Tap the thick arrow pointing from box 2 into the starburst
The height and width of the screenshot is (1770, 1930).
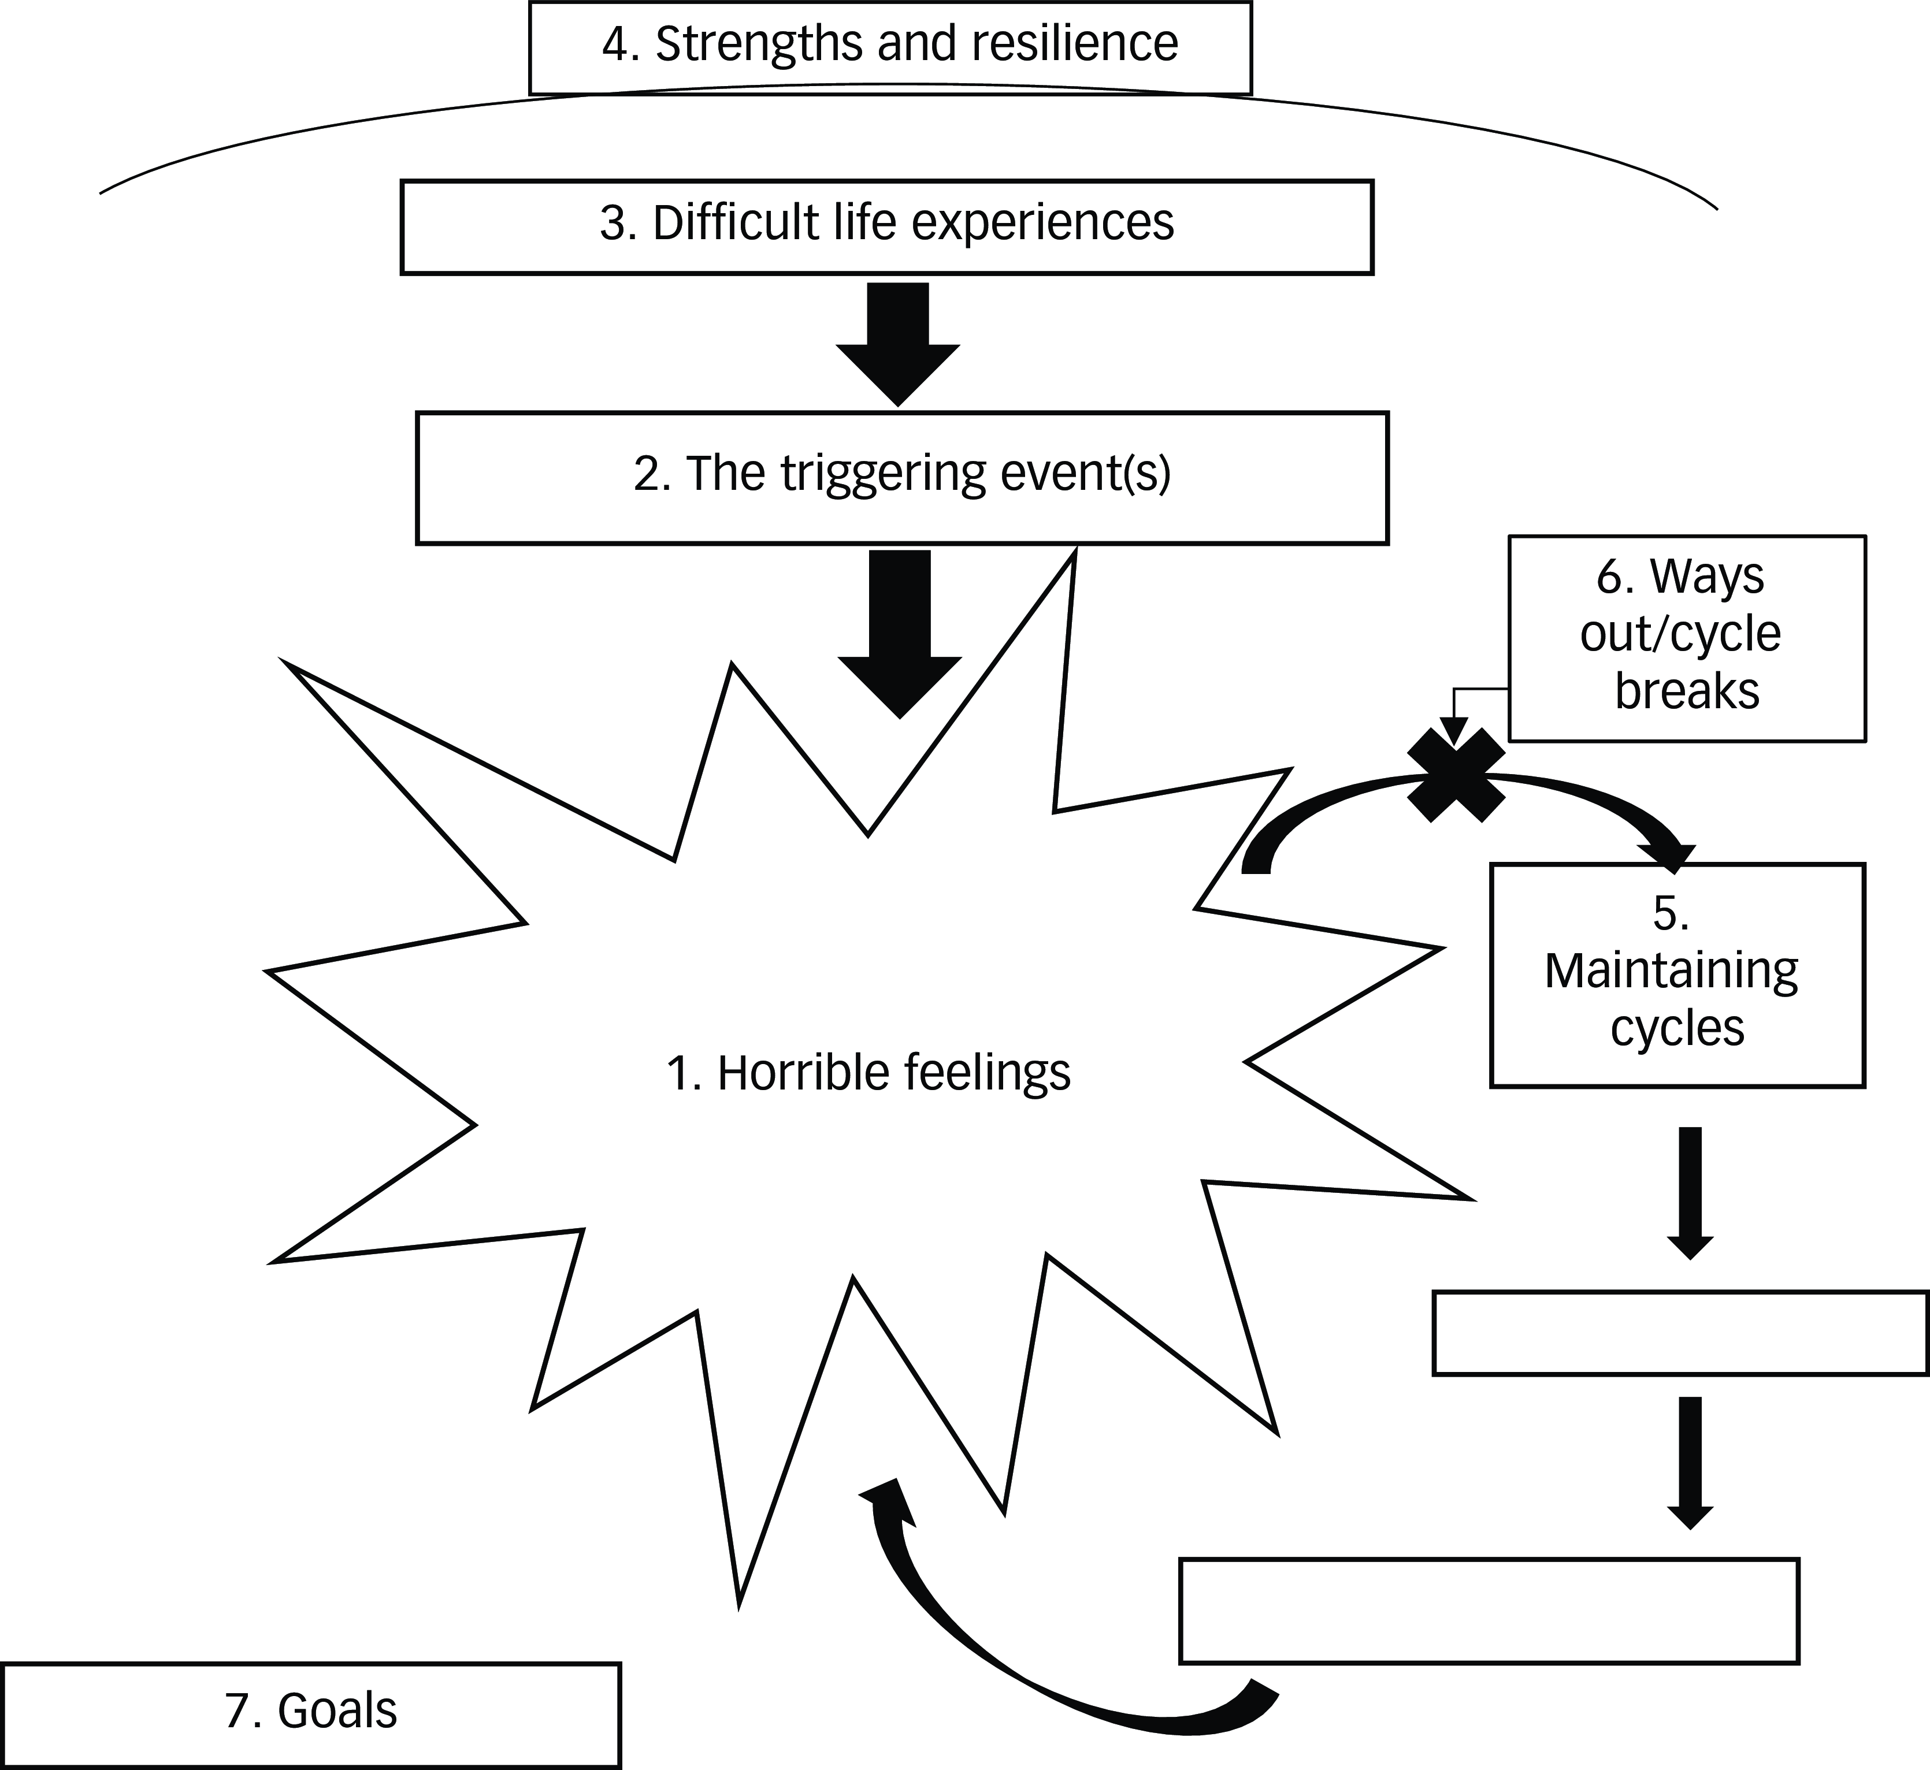coord(899,632)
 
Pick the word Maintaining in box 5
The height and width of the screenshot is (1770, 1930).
coord(1671,971)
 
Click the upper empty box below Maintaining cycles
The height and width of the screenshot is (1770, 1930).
coord(1680,1333)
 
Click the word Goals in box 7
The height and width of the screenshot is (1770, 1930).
coord(337,1710)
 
